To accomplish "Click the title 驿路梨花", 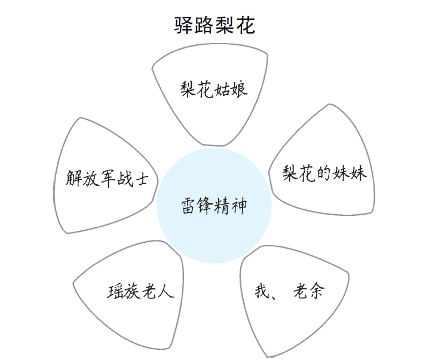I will [x=215, y=26].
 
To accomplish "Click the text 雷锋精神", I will [x=214, y=206].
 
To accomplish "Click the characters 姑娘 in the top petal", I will [x=231, y=89].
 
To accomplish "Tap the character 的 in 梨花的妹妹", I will [x=324, y=173].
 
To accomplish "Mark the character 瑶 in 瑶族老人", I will [x=116, y=291].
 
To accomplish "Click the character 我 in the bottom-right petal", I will [x=262, y=291].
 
